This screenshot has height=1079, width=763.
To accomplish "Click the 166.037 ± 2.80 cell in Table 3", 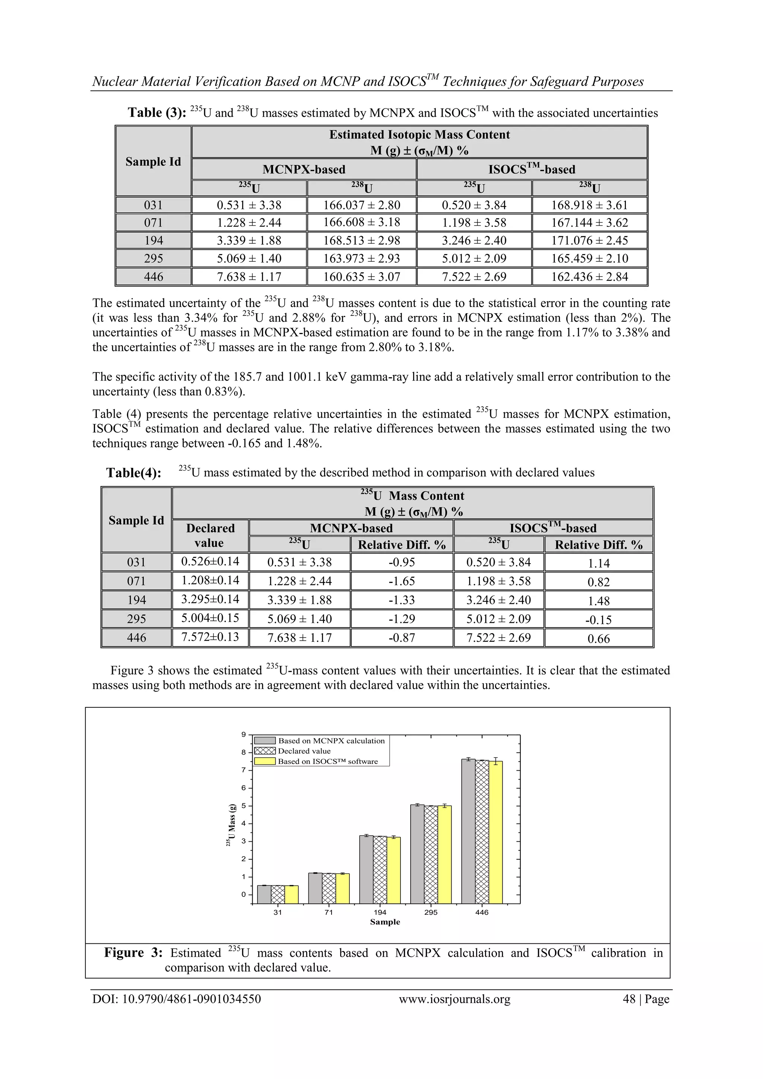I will tap(361, 205).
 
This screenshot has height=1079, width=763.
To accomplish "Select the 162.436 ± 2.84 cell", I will tap(589, 277).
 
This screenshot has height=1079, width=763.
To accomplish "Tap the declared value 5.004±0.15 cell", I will tap(210, 618).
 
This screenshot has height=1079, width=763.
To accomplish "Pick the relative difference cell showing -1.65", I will tap(402, 581).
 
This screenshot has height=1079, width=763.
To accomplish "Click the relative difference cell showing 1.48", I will tap(598, 601).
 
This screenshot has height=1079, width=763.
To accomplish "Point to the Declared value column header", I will tap(210, 535).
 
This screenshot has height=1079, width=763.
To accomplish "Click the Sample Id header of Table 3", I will tap(153, 162).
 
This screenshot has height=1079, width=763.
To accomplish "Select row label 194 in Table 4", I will tap(136, 600).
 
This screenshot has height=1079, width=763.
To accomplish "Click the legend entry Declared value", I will tap(304, 751).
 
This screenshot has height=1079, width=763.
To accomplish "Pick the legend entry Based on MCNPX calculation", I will tap(331, 741).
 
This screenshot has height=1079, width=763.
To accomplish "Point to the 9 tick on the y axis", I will tap(244, 734).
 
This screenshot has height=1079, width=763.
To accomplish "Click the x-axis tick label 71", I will tap(329, 912).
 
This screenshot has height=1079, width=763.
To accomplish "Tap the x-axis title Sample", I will tap(384, 922).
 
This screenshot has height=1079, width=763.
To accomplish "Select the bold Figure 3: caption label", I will tap(133, 953).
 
